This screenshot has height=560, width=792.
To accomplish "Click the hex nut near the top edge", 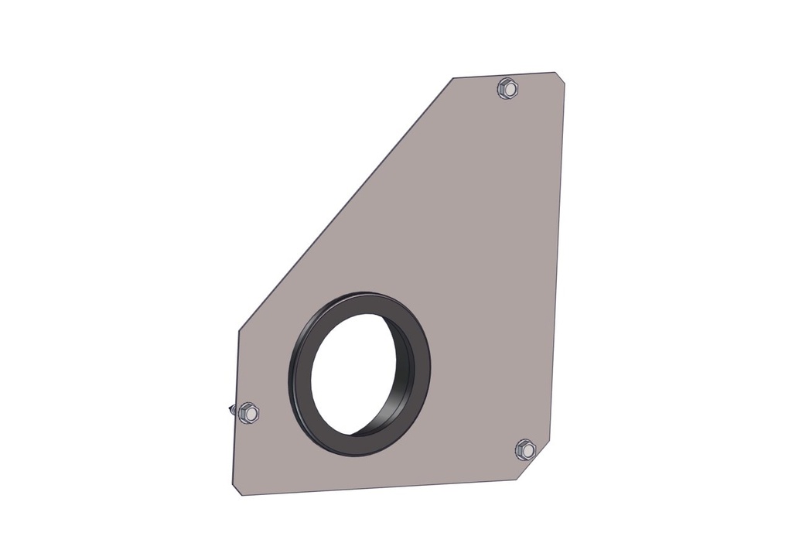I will [507, 89].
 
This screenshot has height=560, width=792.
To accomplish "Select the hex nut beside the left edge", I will [247, 413].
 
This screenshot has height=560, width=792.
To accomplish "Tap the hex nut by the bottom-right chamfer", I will [525, 449].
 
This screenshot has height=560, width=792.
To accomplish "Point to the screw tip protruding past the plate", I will [231, 409].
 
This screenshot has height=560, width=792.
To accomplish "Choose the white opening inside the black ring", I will [352, 371].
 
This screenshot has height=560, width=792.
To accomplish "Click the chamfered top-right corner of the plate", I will [560, 77].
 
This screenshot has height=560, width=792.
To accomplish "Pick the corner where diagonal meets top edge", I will [453, 78].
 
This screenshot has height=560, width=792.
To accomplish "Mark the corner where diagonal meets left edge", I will [237, 330].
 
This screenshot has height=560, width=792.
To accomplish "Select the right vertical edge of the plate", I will [558, 263].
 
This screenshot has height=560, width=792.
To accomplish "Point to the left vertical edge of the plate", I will [234, 371].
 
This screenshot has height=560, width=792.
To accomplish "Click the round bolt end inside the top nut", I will [507, 88].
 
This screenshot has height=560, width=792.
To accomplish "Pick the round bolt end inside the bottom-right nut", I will [525, 449].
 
